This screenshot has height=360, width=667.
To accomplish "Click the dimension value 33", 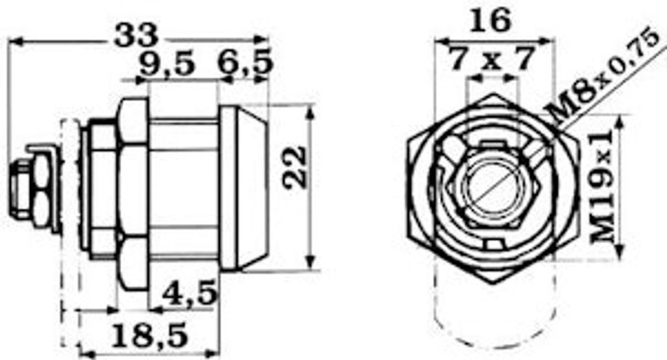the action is point(136,35).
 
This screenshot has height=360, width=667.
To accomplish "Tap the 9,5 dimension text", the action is point(167,64).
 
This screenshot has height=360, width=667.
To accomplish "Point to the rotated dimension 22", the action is point(294,167).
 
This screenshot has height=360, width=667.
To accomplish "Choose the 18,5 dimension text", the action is point(149,334).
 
